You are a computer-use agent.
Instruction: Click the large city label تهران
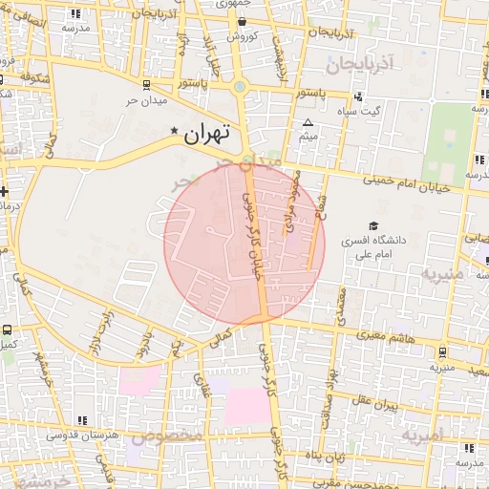pyautogui.click(x=207, y=136)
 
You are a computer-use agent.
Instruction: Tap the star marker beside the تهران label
pyautogui.click(x=174, y=131)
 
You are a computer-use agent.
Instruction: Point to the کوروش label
pyautogui.click(x=214, y=37)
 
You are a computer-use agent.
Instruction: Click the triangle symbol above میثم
pyautogui.click(x=308, y=123)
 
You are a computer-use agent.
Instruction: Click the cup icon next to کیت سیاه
pyautogui.click(x=358, y=96)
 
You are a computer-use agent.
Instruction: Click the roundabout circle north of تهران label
pyautogui.click(x=240, y=88)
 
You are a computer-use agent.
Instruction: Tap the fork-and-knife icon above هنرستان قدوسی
pyautogui.click(x=83, y=419)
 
